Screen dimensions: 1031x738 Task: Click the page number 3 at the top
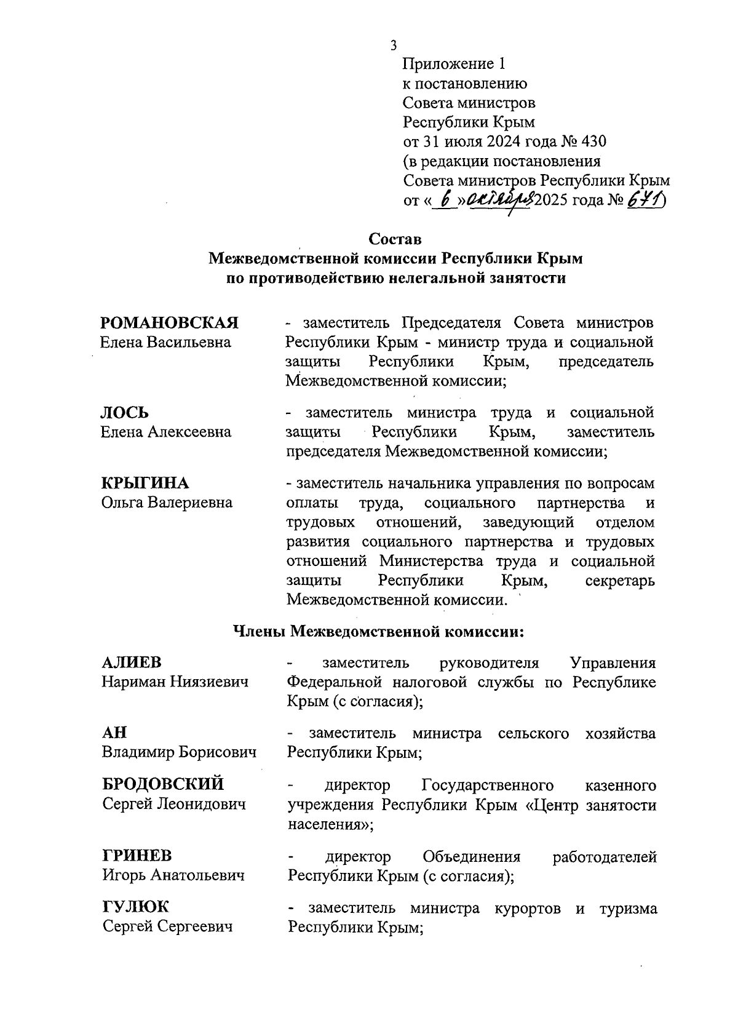pyautogui.click(x=393, y=45)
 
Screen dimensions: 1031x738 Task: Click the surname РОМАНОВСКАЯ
pyautogui.click(x=169, y=323)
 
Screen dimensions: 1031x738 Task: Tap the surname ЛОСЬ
pyautogui.click(x=125, y=412)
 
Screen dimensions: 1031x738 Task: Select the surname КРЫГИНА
pyautogui.click(x=145, y=483)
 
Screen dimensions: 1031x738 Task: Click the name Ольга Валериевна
pyautogui.click(x=167, y=503)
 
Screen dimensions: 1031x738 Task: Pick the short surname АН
pyautogui.click(x=114, y=733)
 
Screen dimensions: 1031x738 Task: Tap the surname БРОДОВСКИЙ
pyautogui.click(x=163, y=785)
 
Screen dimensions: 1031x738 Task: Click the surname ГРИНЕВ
pyautogui.click(x=137, y=856)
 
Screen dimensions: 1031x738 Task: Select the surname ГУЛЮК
pyautogui.click(x=135, y=907)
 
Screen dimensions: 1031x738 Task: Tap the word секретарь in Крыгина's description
pyautogui.click(x=621, y=581)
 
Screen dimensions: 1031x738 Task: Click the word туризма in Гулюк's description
pyautogui.click(x=628, y=909)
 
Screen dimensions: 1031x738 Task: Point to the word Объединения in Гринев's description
pyautogui.click(x=472, y=857)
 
